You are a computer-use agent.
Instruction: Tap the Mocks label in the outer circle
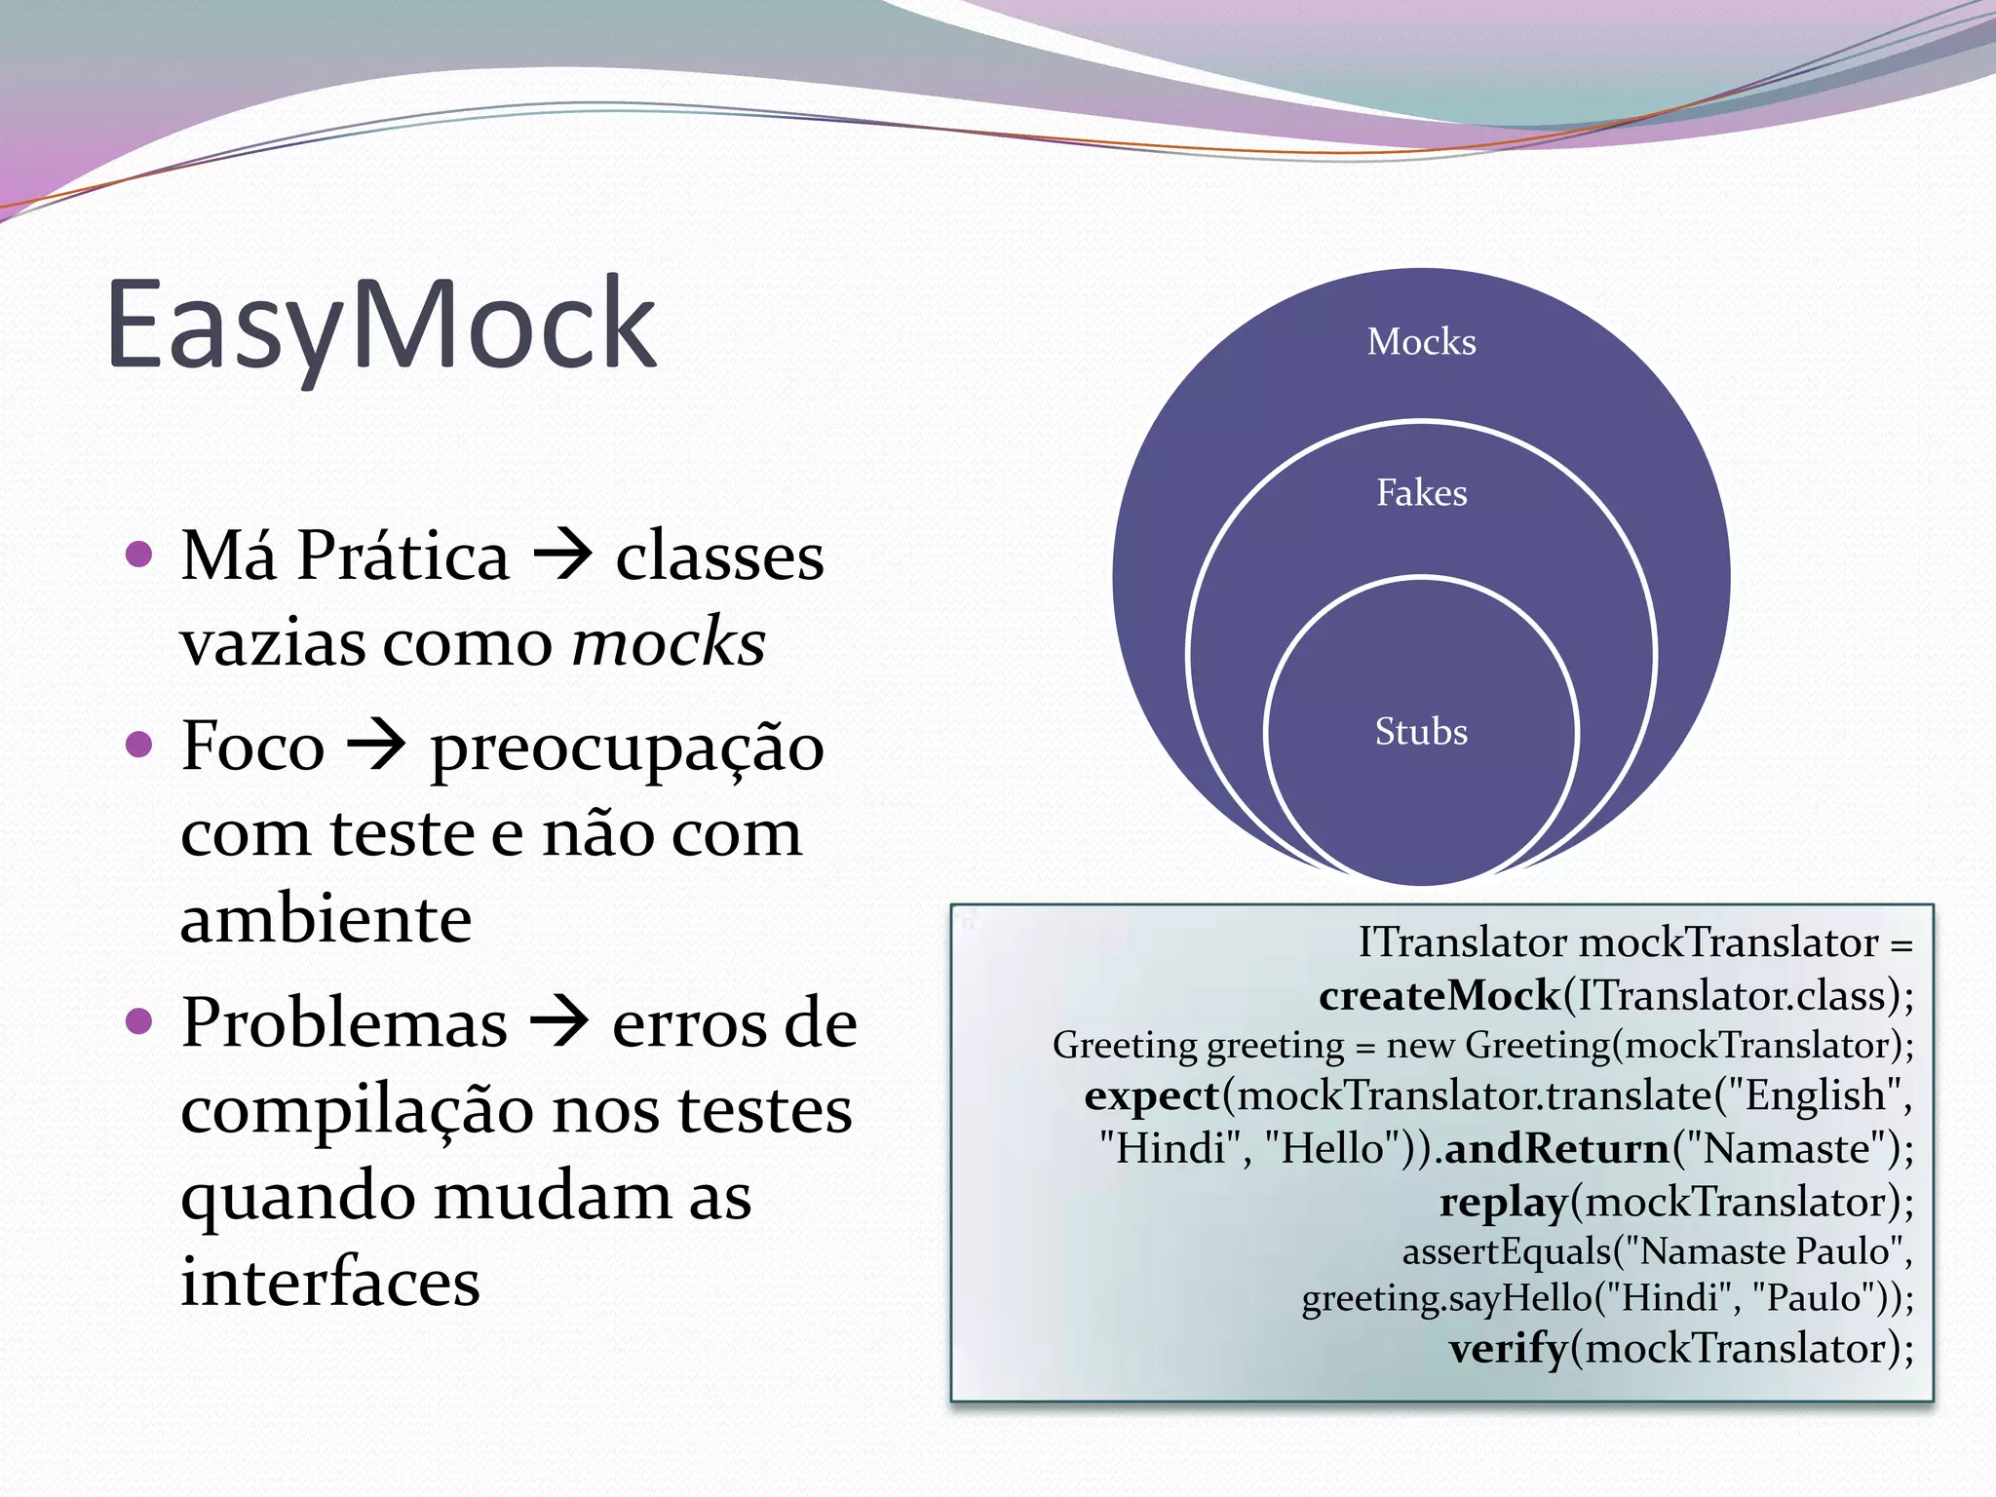coord(1421,342)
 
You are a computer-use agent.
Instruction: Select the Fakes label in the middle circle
coord(1421,493)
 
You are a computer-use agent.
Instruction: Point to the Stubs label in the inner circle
coord(1421,732)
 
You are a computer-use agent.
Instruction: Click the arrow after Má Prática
coord(563,556)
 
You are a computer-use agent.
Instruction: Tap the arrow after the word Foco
coord(377,747)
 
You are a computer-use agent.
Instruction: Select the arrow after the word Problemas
coord(559,1023)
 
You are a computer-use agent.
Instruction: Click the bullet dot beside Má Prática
coord(140,555)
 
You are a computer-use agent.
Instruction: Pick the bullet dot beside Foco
coord(140,746)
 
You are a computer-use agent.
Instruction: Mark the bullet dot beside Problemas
coord(140,1022)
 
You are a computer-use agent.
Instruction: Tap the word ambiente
coord(326,919)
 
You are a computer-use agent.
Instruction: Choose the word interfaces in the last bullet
coord(330,1283)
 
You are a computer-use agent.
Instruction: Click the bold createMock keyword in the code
coord(1439,996)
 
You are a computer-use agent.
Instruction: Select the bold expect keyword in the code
coord(1152,1096)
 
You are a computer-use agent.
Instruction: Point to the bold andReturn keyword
coord(1557,1149)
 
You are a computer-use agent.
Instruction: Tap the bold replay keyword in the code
coord(1504,1203)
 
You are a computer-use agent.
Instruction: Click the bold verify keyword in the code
coord(1509,1349)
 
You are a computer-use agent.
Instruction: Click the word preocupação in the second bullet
coord(628,748)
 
